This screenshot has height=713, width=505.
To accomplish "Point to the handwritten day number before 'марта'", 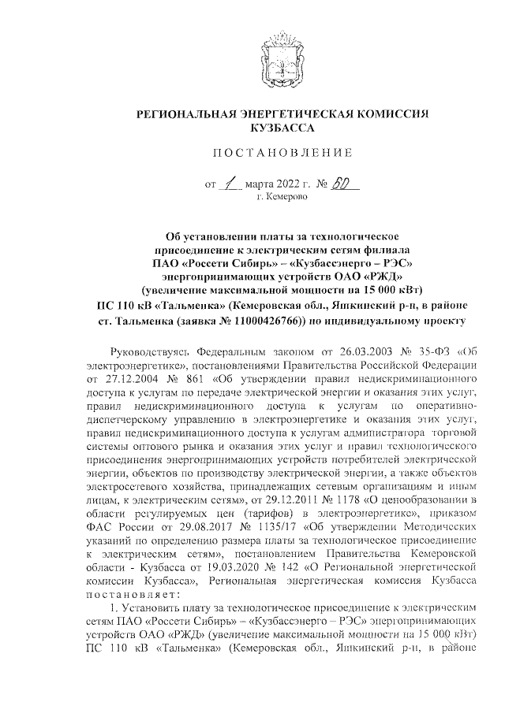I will click(230, 185).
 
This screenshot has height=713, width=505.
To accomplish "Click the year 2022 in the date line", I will click(294, 187).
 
